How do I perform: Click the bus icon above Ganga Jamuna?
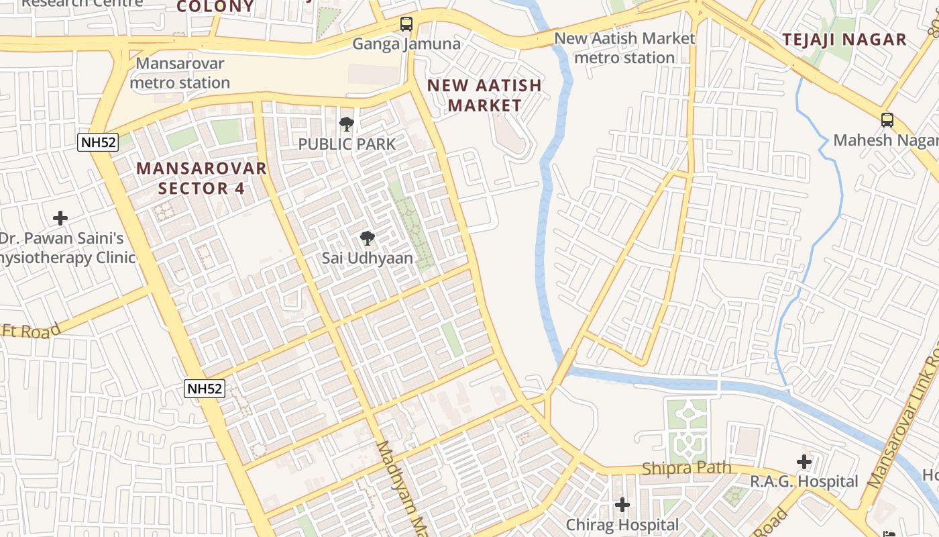coord(406,24)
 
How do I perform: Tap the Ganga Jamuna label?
coord(406,44)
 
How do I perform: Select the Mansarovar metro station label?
coord(180,73)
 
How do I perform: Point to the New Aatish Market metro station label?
coord(624,48)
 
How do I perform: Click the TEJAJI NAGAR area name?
coord(844,40)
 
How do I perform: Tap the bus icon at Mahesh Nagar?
coord(887,120)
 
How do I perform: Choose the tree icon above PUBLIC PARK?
coord(347,124)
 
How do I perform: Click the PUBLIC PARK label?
coord(347,144)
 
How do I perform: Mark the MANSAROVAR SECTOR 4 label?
coord(202,178)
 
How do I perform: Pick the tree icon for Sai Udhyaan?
coord(367,238)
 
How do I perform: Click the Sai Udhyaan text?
coord(367,258)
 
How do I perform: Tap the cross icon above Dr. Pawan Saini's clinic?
coord(60,218)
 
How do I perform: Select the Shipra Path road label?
coord(687,468)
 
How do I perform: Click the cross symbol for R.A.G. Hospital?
coord(804,462)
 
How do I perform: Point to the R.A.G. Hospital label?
coord(804,481)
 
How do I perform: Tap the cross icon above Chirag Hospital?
coord(622,505)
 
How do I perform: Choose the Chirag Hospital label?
coord(622,524)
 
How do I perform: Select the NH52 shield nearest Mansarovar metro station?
coord(98,142)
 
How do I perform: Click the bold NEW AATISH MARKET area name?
coord(484,95)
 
